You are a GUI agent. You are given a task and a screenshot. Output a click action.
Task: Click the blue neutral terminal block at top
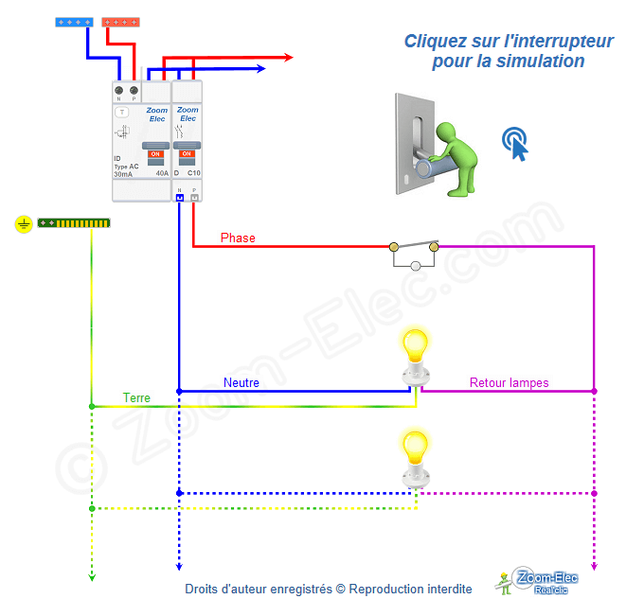coord(74,22)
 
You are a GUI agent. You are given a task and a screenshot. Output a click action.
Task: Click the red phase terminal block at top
coord(121,22)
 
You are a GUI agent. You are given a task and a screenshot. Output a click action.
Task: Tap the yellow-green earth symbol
coord(24,224)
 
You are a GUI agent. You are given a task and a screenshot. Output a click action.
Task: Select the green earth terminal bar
coord(74,223)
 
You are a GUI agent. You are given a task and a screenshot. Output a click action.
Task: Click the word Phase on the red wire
coord(238,238)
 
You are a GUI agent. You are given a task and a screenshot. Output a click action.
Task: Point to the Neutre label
coord(241,382)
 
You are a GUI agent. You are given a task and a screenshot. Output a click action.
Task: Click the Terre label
coord(136,398)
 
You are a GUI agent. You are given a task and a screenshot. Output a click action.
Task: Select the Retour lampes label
coord(509,383)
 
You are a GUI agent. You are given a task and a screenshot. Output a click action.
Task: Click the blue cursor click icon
coord(515,143)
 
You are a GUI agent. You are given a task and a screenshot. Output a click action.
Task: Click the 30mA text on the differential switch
coord(123,175)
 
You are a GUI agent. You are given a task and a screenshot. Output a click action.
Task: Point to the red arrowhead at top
coord(287,58)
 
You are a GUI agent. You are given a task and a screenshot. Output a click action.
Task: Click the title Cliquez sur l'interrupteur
coord(509,41)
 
